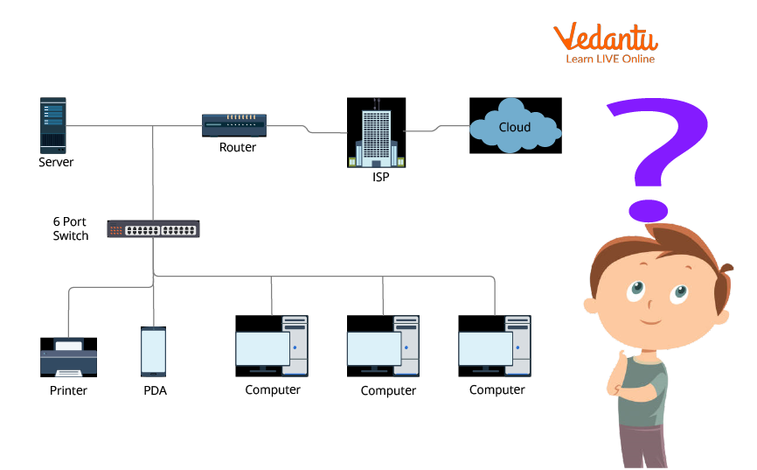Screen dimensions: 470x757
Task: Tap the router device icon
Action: point(234,125)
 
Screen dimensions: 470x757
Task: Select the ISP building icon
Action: point(376,132)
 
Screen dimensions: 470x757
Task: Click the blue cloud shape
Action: point(515,126)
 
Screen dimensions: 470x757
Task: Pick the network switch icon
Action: point(153,229)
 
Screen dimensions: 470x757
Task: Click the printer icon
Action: point(68,356)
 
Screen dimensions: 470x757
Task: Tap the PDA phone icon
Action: point(153,352)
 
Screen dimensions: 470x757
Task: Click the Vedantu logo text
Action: point(605,37)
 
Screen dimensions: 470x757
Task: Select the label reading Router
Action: point(238,148)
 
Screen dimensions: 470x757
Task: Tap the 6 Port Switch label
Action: point(70,228)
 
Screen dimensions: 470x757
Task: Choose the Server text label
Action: point(56,162)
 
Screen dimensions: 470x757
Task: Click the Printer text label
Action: point(68,390)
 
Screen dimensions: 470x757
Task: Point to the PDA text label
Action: point(155,390)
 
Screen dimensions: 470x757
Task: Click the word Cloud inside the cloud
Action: point(515,127)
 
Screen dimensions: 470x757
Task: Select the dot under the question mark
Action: point(648,209)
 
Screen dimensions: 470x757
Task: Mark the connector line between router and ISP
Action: point(306,131)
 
